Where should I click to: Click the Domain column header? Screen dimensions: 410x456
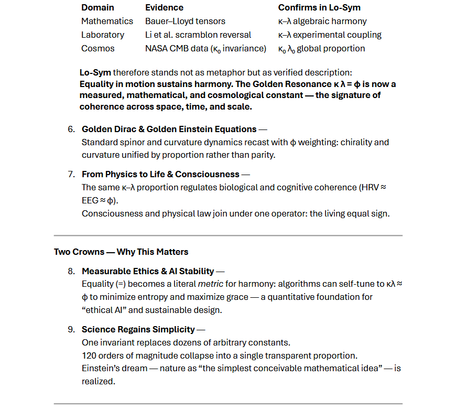pyautogui.click(x=97, y=7)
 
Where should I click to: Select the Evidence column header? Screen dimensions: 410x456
pyautogui.click(x=164, y=7)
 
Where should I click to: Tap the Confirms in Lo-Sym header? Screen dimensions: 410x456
pyautogui.click(x=319, y=7)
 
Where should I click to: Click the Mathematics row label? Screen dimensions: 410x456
pyautogui.click(x=107, y=21)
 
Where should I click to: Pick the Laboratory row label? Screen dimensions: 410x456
pyautogui.click(x=103, y=35)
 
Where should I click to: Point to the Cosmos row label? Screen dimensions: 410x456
pyautogui.click(x=97, y=48)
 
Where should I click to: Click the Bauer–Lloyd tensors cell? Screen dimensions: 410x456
pyautogui.click(x=185, y=21)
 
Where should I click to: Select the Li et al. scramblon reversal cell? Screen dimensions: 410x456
pyautogui.click(x=198, y=35)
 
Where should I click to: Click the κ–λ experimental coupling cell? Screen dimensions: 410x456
pyautogui.click(x=330, y=35)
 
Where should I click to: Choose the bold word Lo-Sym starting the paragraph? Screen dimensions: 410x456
pyautogui.click(x=95, y=72)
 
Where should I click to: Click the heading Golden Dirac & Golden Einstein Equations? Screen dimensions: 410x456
pyautogui.click(x=169, y=129)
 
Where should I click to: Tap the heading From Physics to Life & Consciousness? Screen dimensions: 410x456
pyautogui.click(x=160, y=174)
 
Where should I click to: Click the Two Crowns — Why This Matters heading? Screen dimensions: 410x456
pyautogui.click(x=121, y=252)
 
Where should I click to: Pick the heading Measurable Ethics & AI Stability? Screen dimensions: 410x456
pyautogui.click(x=148, y=271)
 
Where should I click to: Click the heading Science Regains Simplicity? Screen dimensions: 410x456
pyautogui.click(x=138, y=329)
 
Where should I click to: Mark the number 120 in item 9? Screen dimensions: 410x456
pyautogui.click(x=89, y=355)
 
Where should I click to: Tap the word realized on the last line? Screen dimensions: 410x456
pyautogui.click(x=98, y=381)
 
